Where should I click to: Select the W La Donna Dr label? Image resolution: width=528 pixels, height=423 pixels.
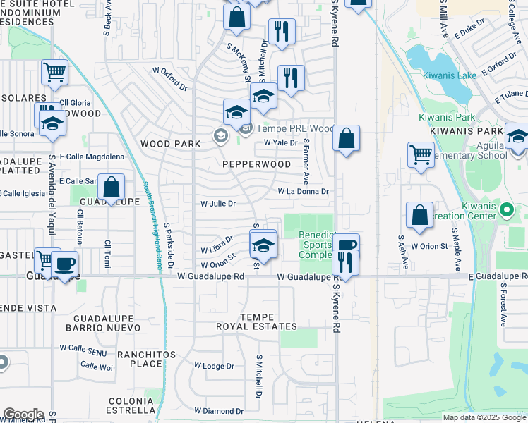tap(304, 191)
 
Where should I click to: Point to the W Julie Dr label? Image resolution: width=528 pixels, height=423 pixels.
tap(217, 204)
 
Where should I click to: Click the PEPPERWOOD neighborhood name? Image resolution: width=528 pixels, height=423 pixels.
tap(257, 164)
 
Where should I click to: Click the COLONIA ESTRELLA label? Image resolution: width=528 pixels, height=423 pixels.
tap(131, 405)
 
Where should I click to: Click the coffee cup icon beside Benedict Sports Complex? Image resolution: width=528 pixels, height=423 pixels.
tap(347, 245)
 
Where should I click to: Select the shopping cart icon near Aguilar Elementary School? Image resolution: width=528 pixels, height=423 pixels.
tap(421, 154)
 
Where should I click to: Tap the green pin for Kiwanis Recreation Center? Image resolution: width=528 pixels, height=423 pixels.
tap(506, 209)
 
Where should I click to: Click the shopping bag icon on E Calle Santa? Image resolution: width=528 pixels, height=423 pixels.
tap(112, 187)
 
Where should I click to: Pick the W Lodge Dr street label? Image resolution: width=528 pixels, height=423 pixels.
tap(214, 367)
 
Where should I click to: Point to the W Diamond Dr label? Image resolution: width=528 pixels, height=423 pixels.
tap(220, 411)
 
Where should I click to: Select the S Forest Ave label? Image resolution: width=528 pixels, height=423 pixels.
tap(503, 305)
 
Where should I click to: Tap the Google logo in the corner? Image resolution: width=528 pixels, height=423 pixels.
tap(23, 415)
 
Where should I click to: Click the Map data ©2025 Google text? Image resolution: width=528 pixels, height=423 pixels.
tap(484, 417)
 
